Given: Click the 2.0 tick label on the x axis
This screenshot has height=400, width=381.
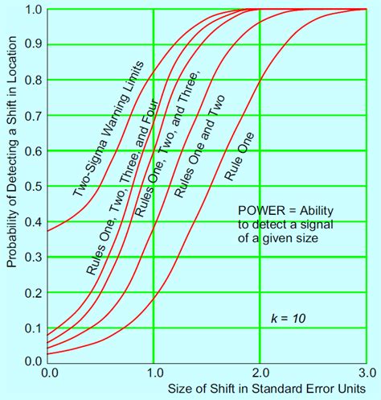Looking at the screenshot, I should click(260, 373).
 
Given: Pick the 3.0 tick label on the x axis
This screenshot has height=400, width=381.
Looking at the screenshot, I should click(366, 373).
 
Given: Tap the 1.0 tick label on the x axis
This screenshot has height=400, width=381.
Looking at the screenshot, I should click(154, 373).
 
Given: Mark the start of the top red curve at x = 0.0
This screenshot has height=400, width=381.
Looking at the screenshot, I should click(48, 231).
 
